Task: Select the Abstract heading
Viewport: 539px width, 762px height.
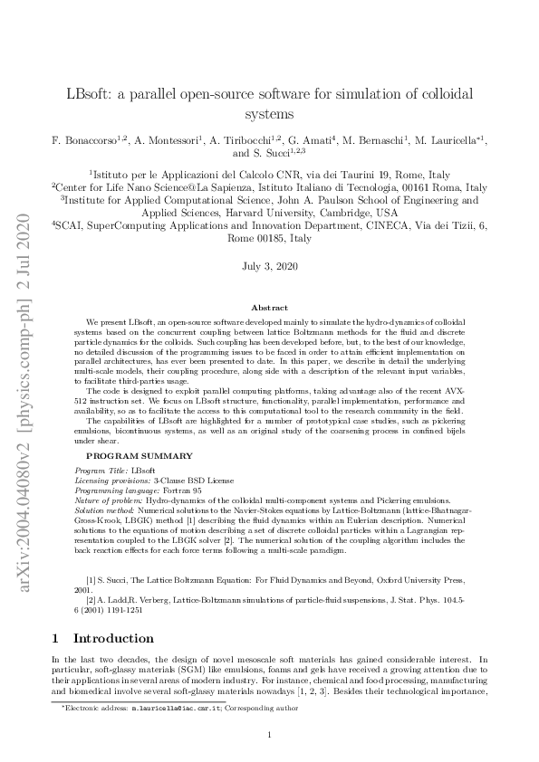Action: tap(269, 309)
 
